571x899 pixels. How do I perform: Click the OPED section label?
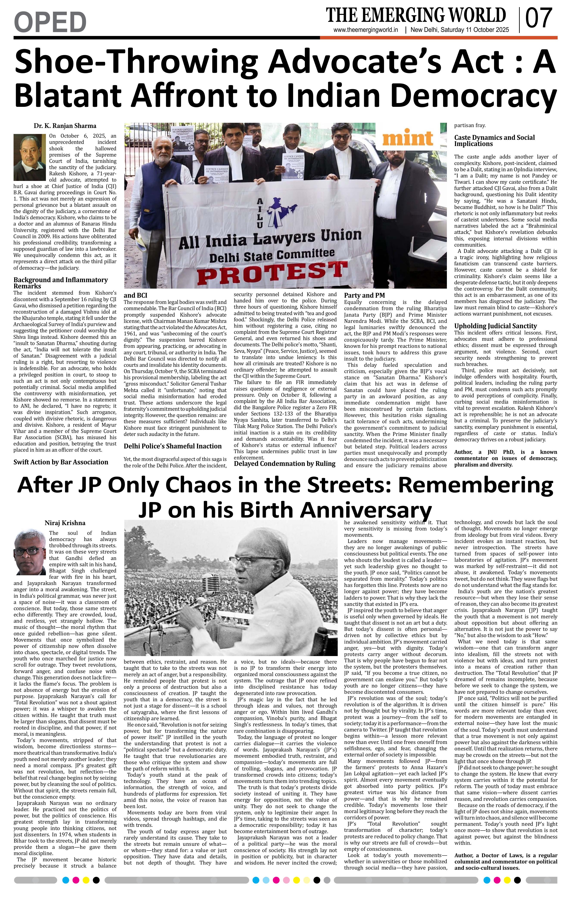(x=50, y=22)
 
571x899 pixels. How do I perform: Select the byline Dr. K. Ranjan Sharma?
(x=65, y=126)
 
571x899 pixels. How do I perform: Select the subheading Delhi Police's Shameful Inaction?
(x=173, y=446)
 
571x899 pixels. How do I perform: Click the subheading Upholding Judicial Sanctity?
(x=495, y=326)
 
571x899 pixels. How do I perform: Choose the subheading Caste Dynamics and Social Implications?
(x=494, y=141)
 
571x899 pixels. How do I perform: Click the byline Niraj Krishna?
(x=65, y=523)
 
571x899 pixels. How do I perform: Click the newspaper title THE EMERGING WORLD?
(x=416, y=15)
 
